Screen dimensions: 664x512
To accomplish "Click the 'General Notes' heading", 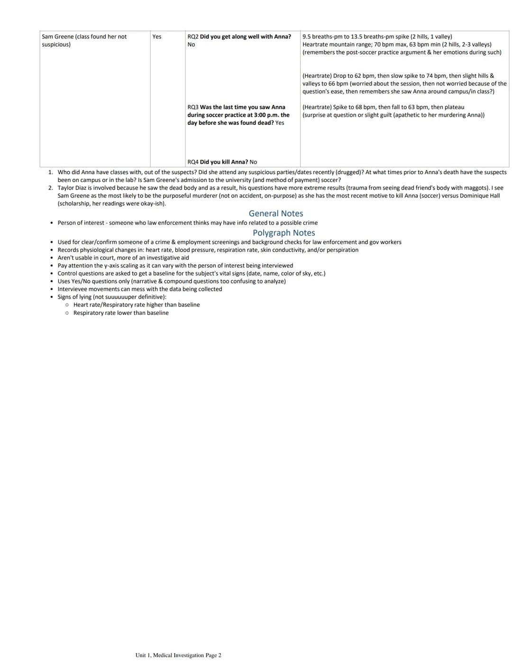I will [275, 213].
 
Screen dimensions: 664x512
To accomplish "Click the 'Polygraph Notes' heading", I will [283, 233].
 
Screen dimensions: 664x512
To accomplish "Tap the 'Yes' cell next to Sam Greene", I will [156, 37].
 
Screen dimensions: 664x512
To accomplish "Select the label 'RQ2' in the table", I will [193, 37].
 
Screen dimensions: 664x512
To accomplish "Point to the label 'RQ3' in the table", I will [193, 107].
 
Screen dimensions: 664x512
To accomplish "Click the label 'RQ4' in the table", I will [193, 162].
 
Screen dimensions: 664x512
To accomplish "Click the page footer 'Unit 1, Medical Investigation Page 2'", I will [178, 655].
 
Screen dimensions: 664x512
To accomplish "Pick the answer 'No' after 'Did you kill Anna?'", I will [253, 162].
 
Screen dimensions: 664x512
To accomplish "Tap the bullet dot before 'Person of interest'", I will [52, 223].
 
